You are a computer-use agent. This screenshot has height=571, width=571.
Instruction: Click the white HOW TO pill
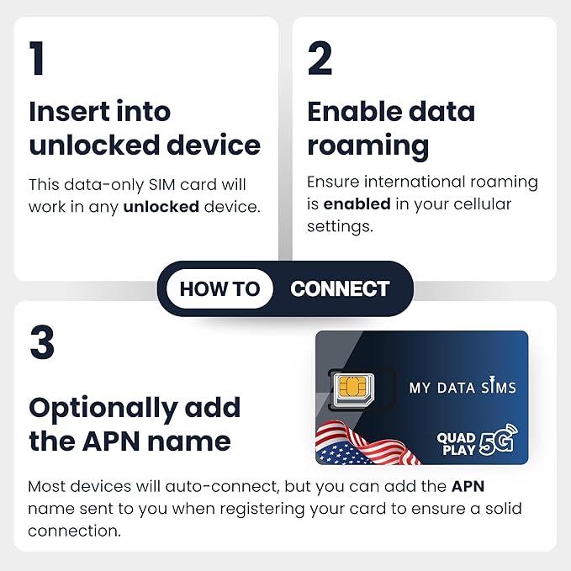[x=219, y=289]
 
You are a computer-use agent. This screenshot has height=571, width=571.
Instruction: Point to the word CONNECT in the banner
[x=340, y=289]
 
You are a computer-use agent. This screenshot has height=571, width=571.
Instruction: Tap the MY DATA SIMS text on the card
[x=463, y=388]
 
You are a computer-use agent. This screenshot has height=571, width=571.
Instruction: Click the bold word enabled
[x=357, y=204]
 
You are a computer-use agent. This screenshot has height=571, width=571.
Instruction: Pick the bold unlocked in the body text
[x=161, y=207]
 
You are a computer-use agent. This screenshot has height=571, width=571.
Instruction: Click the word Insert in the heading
[x=70, y=112]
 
